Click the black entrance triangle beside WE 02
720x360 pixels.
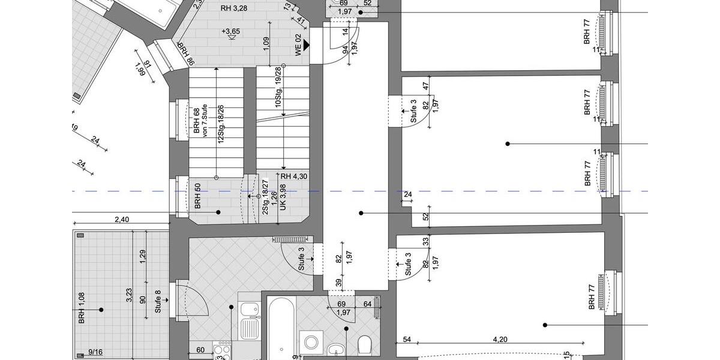click(x=307, y=45)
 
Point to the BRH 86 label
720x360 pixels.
click(x=185, y=53)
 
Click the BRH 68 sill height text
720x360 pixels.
click(x=196, y=121)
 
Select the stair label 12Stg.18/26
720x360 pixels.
click(x=221, y=124)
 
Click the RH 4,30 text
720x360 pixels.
click(x=294, y=176)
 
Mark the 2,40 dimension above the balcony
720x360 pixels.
click(x=121, y=219)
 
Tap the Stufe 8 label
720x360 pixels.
click(x=158, y=302)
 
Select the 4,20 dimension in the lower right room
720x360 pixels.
click(x=500, y=339)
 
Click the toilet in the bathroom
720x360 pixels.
click(x=364, y=345)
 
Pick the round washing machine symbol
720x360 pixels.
click(x=311, y=343)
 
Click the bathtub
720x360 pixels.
click(x=280, y=330)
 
